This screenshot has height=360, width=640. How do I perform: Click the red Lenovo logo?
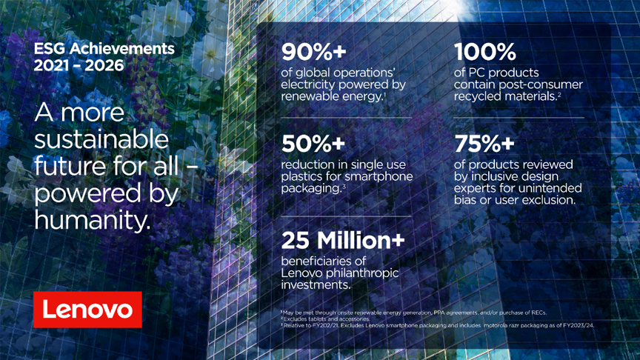click(87, 310)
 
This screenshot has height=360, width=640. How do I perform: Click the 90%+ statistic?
click(313, 52)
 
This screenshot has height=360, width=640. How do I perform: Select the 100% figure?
click(485, 52)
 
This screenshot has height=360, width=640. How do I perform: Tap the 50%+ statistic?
click(313, 144)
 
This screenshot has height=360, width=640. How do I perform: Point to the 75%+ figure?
click(484, 144)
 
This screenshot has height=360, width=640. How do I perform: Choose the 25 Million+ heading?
click(343, 240)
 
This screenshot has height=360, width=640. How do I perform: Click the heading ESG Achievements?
click(104, 49)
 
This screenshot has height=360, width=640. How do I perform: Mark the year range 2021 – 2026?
click(79, 65)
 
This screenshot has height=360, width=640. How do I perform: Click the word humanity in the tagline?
click(93, 220)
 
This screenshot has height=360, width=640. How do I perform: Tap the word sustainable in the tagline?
click(101, 139)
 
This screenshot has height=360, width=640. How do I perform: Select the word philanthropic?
click(361, 273)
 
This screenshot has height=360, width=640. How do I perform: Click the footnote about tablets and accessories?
click(325, 319)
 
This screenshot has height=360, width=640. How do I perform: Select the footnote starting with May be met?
click(414, 313)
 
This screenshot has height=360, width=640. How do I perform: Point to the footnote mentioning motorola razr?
click(438, 325)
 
